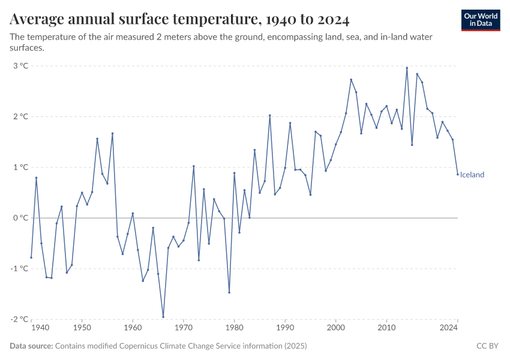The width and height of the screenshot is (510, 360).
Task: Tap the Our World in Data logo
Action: pos(480,20)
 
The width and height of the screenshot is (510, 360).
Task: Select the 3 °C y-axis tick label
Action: pos(20,66)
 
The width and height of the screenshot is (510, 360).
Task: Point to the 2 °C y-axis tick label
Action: pos(20,116)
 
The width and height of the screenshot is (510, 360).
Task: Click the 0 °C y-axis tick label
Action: pos(20,218)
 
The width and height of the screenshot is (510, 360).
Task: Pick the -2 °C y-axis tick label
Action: pos(19,319)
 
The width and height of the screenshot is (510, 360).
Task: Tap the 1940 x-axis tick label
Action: pos(40,328)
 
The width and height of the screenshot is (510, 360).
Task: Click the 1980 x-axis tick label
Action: pos(235,328)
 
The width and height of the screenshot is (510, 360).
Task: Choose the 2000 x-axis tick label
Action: pos(336,328)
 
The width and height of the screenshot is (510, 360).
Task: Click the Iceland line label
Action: pos(472,175)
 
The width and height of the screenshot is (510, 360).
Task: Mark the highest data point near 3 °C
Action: pos(407,68)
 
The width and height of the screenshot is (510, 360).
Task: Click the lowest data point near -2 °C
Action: pos(163,317)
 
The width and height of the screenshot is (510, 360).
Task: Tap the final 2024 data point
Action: pos(457,175)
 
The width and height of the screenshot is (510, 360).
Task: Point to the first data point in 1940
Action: pos(31,257)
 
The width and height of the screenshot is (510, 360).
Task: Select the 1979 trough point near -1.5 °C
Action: pos(229,292)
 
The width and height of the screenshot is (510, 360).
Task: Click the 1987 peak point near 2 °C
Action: pos(270,115)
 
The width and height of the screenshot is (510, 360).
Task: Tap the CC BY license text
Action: pos(488,346)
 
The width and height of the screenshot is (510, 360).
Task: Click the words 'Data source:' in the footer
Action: pos(31,346)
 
